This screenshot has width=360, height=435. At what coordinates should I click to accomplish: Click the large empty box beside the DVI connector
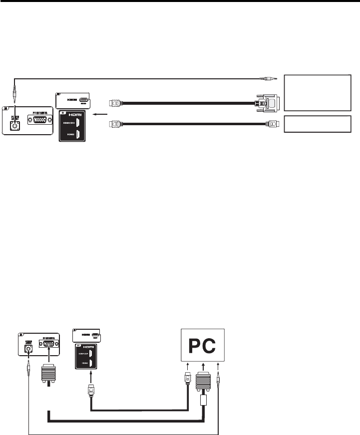tap(317, 92)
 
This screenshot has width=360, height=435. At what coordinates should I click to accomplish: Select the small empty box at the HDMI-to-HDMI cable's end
tap(317, 123)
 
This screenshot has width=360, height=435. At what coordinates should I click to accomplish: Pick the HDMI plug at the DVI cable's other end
tap(115, 104)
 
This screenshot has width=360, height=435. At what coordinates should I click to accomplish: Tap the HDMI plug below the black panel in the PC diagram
tap(91, 390)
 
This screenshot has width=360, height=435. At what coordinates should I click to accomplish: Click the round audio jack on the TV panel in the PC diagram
tap(28, 350)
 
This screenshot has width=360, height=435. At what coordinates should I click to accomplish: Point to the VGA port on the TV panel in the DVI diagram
tap(38, 121)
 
